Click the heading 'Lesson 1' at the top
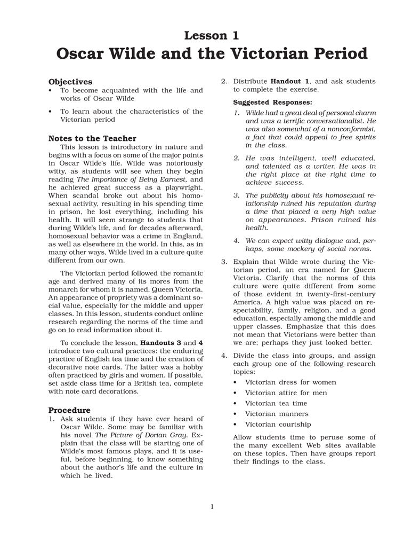(x=211, y=36)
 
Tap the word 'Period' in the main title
(x=333, y=54)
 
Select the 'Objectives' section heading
(x=70, y=82)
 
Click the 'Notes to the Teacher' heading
(x=92, y=138)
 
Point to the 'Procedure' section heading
(x=69, y=410)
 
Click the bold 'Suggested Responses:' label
(x=272, y=101)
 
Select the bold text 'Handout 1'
(x=290, y=81)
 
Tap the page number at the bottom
(x=212, y=507)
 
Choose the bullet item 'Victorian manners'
(x=276, y=414)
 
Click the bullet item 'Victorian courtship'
(x=278, y=425)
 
